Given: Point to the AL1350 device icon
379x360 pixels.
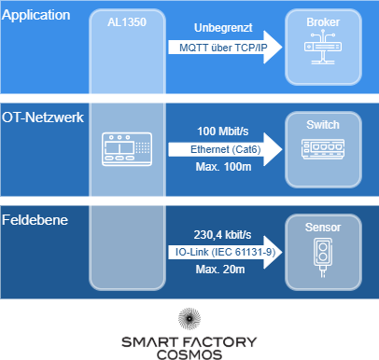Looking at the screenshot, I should click(128, 148).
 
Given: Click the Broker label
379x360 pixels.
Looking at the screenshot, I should click(323, 23).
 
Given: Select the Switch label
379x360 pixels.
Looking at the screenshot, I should click(323, 124).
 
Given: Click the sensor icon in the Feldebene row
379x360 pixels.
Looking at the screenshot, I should click(323, 258).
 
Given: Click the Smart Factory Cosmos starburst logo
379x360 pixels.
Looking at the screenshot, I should click(189, 318).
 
